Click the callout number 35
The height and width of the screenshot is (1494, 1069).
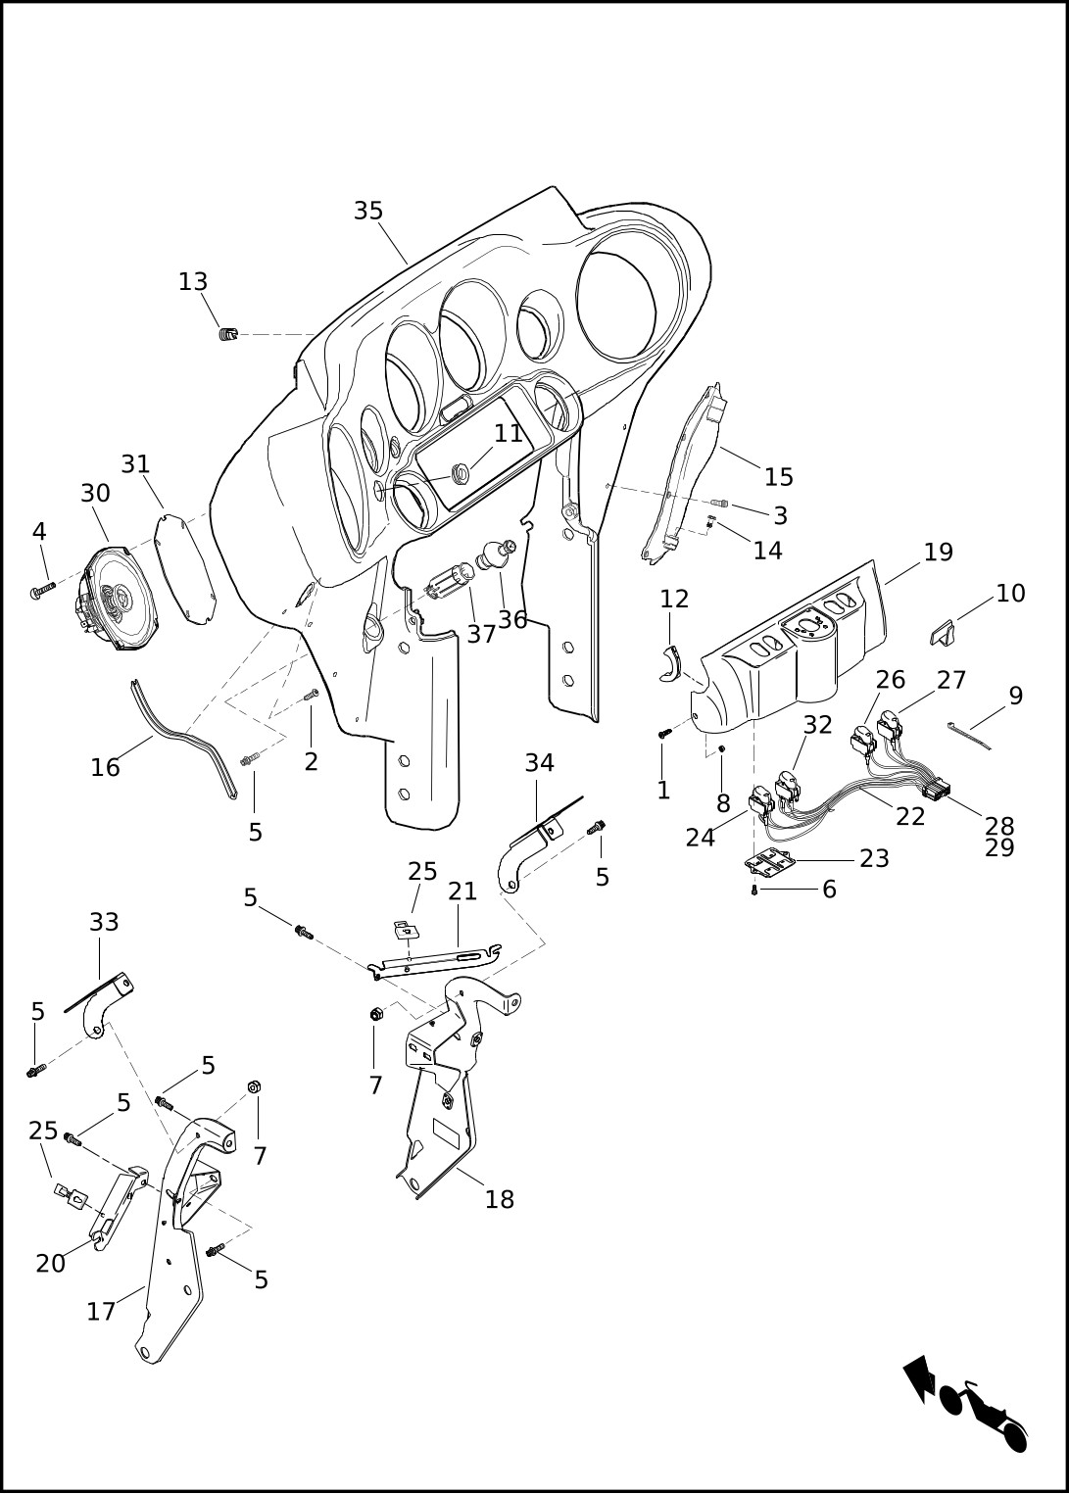368,212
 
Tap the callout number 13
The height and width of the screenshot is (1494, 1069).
193,282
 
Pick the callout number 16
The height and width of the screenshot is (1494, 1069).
105,768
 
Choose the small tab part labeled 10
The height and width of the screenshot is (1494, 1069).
942,632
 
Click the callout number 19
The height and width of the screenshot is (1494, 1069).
938,553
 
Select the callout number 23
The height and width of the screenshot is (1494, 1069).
874,859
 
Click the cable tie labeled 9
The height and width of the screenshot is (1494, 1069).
969,736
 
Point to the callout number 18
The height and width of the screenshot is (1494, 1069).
500,1200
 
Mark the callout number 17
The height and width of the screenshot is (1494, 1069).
101,1312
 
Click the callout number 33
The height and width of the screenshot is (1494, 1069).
104,923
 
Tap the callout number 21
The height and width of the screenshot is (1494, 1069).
462,892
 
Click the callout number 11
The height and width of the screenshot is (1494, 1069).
509,434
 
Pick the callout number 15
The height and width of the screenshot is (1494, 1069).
779,478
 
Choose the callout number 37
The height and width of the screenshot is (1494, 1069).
481,635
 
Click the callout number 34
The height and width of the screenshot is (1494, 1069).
539,763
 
